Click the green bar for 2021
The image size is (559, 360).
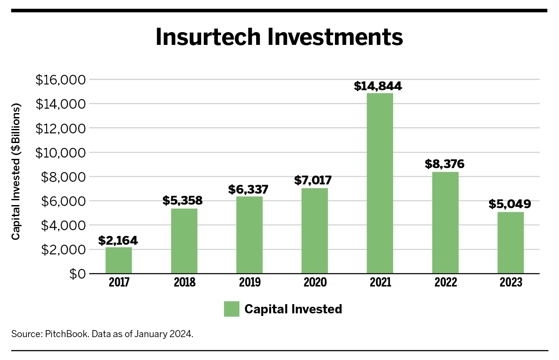379,183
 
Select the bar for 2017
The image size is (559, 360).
118,260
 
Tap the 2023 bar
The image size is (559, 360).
510,242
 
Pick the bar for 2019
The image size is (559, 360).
249,235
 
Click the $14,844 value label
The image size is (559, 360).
378,86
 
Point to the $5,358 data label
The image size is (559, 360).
182,201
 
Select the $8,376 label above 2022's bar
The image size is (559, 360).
445,165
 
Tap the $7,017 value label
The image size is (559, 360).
314,181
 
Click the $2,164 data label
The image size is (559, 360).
118,241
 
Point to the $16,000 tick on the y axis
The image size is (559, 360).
60,80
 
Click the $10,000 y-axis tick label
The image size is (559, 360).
60,153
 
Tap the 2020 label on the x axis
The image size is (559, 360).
315,283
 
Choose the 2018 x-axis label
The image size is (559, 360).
184,283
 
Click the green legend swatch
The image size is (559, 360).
232,309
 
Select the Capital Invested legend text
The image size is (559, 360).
293,309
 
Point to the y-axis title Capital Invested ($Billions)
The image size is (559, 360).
16,172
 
